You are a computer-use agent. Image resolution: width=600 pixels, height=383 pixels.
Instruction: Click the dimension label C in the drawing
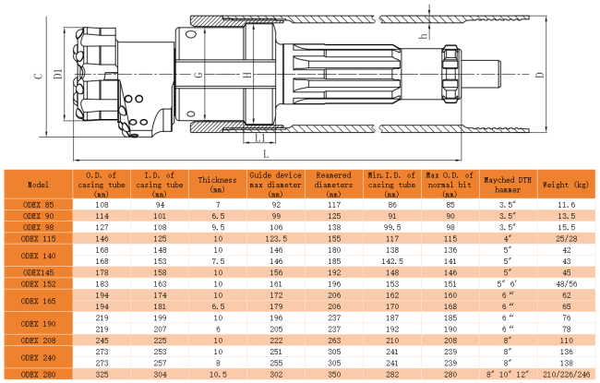[x=39, y=74]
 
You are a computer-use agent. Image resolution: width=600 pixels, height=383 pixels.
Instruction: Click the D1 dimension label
[x=58, y=74]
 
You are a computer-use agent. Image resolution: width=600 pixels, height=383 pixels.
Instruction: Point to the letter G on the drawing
[x=198, y=75]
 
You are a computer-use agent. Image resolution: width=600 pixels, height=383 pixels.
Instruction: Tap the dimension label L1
[x=259, y=138]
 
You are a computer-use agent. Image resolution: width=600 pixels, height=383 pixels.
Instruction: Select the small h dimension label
[x=423, y=36]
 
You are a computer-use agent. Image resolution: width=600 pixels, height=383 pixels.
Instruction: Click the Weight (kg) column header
[x=566, y=185]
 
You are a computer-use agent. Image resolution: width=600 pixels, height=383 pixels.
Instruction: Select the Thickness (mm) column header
[x=217, y=185]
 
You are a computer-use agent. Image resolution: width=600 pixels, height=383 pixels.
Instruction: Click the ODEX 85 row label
[x=38, y=205]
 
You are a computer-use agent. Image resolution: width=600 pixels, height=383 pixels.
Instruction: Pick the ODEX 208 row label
[x=38, y=341]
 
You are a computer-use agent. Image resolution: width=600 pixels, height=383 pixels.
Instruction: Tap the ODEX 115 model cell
[x=38, y=239]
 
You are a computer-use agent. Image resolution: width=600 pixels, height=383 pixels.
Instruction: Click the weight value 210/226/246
[x=567, y=374]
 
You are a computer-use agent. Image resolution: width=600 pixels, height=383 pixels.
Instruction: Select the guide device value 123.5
[x=276, y=239]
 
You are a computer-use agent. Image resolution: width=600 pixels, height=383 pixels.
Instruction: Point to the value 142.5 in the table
[x=391, y=261]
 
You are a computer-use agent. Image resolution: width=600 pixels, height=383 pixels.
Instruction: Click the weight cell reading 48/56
[x=567, y=284]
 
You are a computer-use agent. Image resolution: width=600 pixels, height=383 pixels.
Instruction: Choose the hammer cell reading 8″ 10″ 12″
[x=508, y=374]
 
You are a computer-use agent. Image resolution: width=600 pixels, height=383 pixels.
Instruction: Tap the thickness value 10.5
[x=218, y=374]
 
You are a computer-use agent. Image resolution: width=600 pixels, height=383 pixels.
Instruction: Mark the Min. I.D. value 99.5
[x=391, y=227]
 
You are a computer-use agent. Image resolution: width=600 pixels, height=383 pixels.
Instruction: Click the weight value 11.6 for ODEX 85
[x=567, y=205]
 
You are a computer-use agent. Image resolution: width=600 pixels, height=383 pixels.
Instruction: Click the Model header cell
[x=38, y=185]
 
